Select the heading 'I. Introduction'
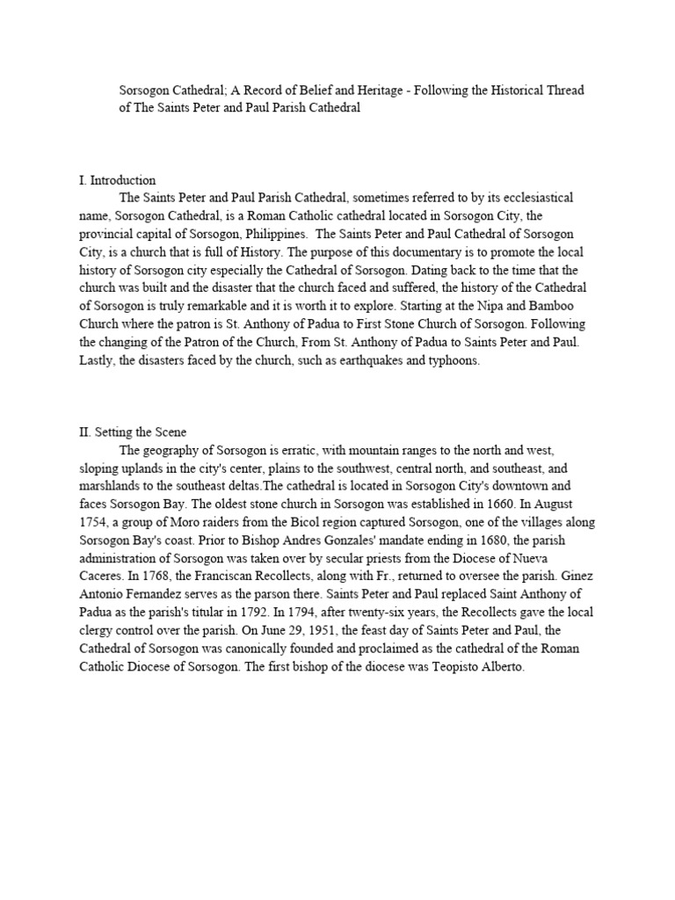[x=118, y=181]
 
